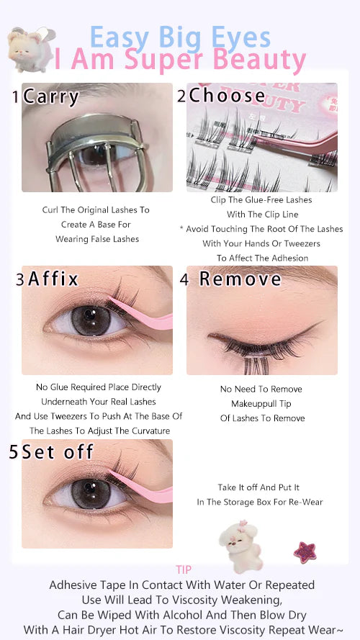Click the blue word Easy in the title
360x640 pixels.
120,38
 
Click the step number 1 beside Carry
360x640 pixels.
16,98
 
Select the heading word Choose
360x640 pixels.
227,96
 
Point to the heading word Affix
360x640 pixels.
53,279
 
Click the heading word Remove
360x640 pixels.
240,279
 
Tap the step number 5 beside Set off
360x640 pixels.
14,452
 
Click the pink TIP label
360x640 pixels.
184,569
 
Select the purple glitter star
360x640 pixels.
305,552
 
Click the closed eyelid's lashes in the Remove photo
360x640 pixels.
253,347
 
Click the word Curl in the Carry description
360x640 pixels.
50,209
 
